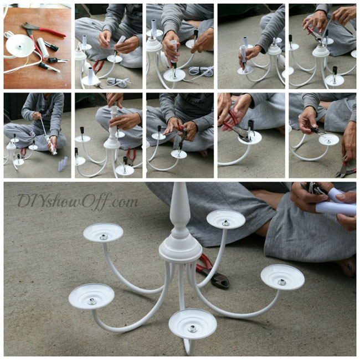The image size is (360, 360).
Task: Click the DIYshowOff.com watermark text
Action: [x=78, y=201]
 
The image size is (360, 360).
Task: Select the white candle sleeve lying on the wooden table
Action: [x=43, y=47]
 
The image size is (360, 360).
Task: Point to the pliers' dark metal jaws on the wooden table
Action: [x=28, y=25]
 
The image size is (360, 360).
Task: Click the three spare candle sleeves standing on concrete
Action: [x=63, y=164]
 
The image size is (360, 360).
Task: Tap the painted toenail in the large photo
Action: [x=349, y=266]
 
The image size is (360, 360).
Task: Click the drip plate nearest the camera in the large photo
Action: [x=193, y=324]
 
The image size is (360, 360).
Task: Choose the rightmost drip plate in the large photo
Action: [x=282, y=278]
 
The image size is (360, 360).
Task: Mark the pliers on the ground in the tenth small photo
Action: [x=346, y=170]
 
